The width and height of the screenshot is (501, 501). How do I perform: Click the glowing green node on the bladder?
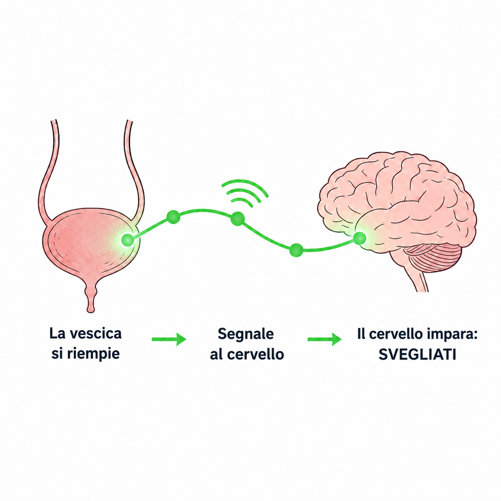pos(128,240)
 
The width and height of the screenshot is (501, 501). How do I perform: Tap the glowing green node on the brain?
pos(359,238)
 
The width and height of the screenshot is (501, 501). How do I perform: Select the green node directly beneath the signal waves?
pos(238,218)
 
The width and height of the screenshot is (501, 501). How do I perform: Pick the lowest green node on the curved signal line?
pos(296,250)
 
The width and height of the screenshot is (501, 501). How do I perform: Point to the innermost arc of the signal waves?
pos(242,200)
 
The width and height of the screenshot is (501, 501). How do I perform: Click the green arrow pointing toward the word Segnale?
pos(169,339)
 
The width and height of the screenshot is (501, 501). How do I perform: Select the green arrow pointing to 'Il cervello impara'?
pos(325,339)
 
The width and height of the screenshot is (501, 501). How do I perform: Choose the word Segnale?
pos(245,334)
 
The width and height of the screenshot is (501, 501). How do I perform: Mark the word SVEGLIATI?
pos(417,354)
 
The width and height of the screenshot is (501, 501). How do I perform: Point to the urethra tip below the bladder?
pos(91,309)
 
